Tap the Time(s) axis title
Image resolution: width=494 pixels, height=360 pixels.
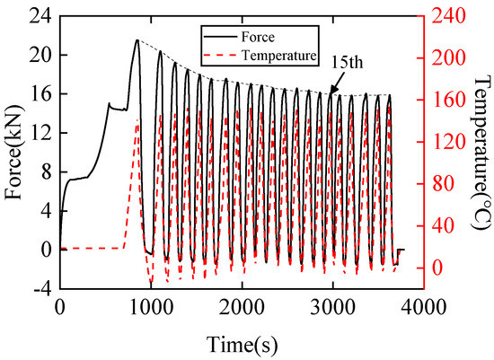tap(240, 345)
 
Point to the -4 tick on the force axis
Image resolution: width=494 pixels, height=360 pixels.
tap(40, 288)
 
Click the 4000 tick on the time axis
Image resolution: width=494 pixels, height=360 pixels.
tap(422, 306)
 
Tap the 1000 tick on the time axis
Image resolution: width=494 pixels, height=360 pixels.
tap(150, 306)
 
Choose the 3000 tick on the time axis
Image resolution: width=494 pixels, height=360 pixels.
tap(331, 306)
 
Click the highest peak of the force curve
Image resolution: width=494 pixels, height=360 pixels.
tap(137, 40)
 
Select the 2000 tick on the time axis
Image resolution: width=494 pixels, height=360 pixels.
tap(241, 306)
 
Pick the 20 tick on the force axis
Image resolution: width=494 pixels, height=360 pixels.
tap(40, 55)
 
